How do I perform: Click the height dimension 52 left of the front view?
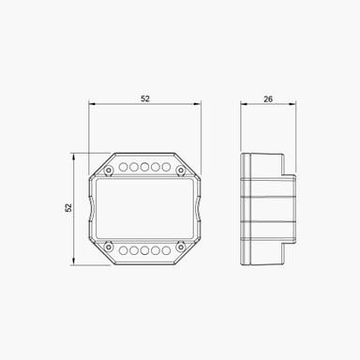click(69, 208)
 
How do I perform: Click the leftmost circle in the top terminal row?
click(122, 168)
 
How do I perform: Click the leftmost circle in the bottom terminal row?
click(122, 250)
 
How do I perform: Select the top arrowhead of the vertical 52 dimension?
click(76, 155)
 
